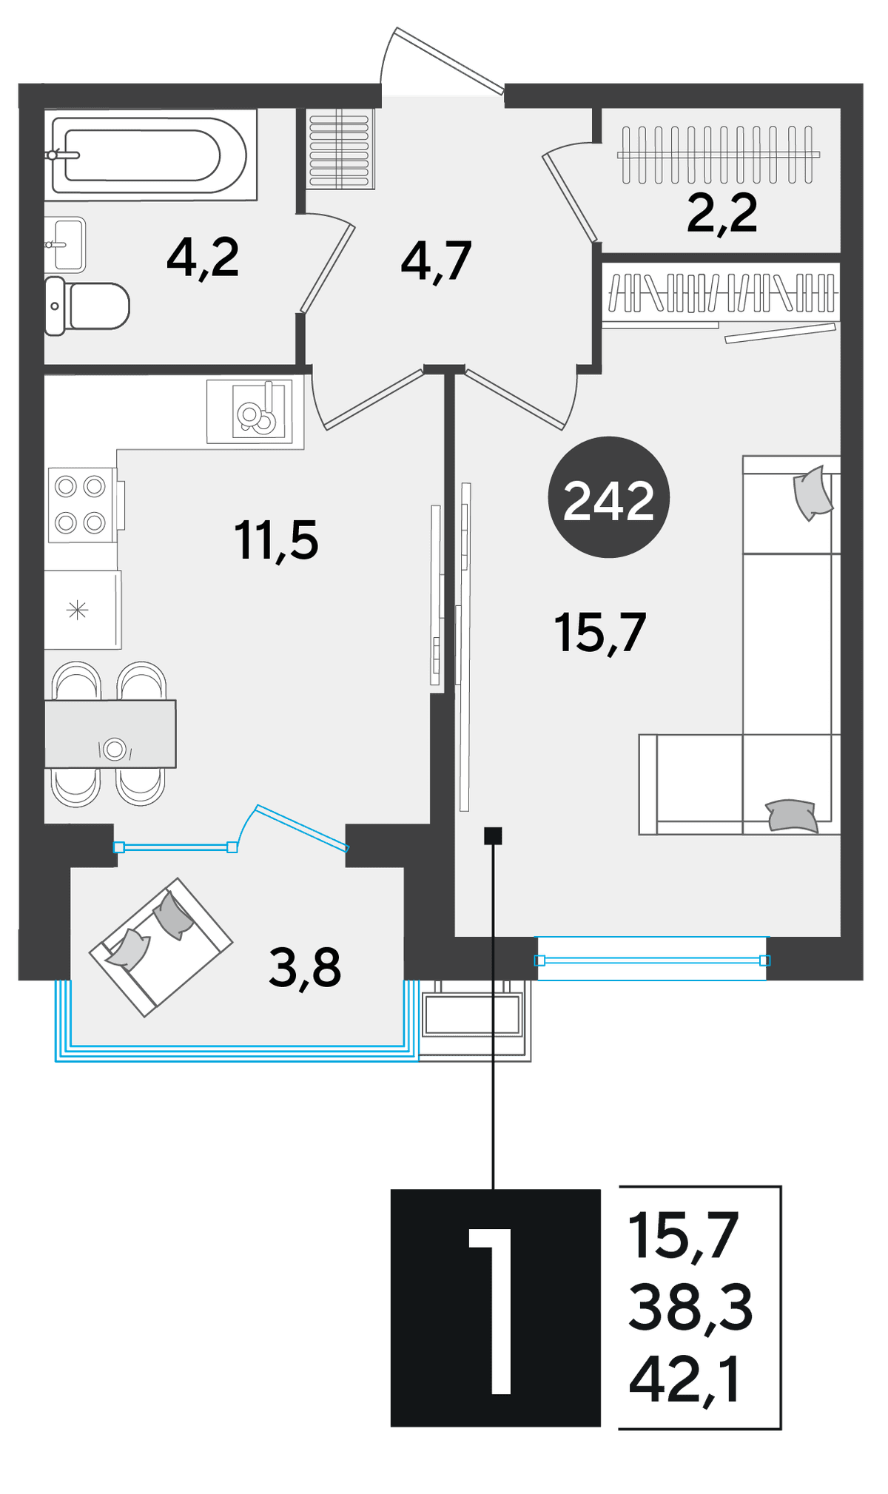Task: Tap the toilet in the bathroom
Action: [x=87, y=306]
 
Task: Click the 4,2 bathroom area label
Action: [x=203, y=258]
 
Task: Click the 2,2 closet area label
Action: [x=722, y=213]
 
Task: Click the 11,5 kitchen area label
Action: [x=276, y=540]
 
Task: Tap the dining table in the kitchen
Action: [x=110, y=734]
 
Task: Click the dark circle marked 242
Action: [x=608, y=497]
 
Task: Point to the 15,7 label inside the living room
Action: [x=600, y=633]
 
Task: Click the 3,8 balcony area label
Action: [x=305, y=968]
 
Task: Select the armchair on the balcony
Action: [x=161, y=947]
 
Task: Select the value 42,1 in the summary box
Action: [x=684, y=1381]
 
